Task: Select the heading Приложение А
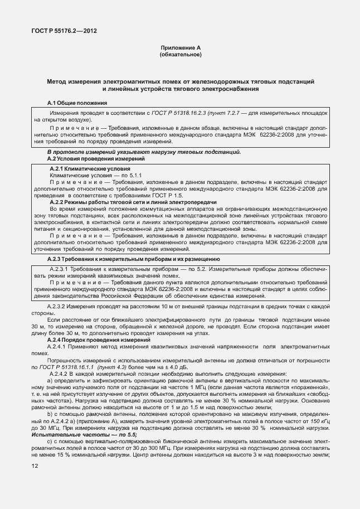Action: coord(180,49)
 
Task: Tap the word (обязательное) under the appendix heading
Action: coord(180,55)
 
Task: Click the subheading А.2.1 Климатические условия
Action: coord(90,168)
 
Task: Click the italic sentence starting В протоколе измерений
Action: coord(144,152)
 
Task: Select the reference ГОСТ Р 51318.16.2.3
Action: coord(181,113)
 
